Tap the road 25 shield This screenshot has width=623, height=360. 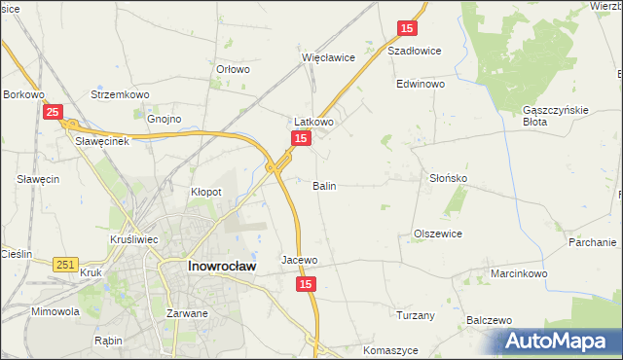click(x=55, y=113)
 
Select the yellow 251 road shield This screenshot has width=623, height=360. click(x=66, y=264)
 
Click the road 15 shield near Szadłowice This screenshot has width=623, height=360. click(x=408, y=29)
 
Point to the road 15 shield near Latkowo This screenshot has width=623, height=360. click(x=301, y=140)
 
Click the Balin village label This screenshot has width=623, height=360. click(x=325, y=185)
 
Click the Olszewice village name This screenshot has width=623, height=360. click(x=438, y=234)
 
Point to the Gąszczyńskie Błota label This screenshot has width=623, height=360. click(x=555, y=116)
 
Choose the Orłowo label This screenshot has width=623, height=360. click(x=233, y=69)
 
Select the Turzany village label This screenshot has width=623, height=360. click(x=417, y=315)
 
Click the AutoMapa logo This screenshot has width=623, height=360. click(x=559, y=342)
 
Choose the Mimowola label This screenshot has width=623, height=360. click(x=55, y=312)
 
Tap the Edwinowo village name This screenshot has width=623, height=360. click(x=421, y=85)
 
